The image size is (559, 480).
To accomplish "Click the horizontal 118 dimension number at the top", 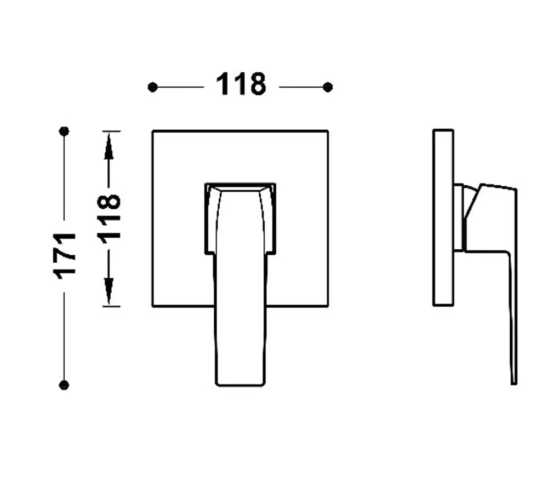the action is (x=241, y=84).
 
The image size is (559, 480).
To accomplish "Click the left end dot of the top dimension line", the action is (x=152, y=87).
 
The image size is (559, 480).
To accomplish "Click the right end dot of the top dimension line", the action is (x=328, y=87).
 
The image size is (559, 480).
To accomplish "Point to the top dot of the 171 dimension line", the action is (x=64, y=132).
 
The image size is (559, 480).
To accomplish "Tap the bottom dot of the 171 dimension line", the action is (x=64, y=385).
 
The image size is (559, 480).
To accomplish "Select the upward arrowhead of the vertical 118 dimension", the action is (x=109, y=146).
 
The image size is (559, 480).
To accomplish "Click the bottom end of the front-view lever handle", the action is (x=240, y=385).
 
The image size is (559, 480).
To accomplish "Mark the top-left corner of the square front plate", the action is (x=153, y=131).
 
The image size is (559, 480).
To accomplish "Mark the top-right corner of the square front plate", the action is (x=328, y=131).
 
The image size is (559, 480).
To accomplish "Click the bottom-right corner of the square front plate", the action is (x=328, y=306).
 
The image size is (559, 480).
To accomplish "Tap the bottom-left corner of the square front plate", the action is (x=153, y=306).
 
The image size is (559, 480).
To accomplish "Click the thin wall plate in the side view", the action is (x=443, y=218).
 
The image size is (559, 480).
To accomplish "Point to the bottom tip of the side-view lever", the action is (x=514, y=384).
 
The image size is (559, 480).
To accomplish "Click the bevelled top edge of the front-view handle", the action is (x=240, y=187).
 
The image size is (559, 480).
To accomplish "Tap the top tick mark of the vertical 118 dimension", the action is (x=111, y=132).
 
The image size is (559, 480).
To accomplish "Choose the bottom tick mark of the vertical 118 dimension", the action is (x=111, y=306).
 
